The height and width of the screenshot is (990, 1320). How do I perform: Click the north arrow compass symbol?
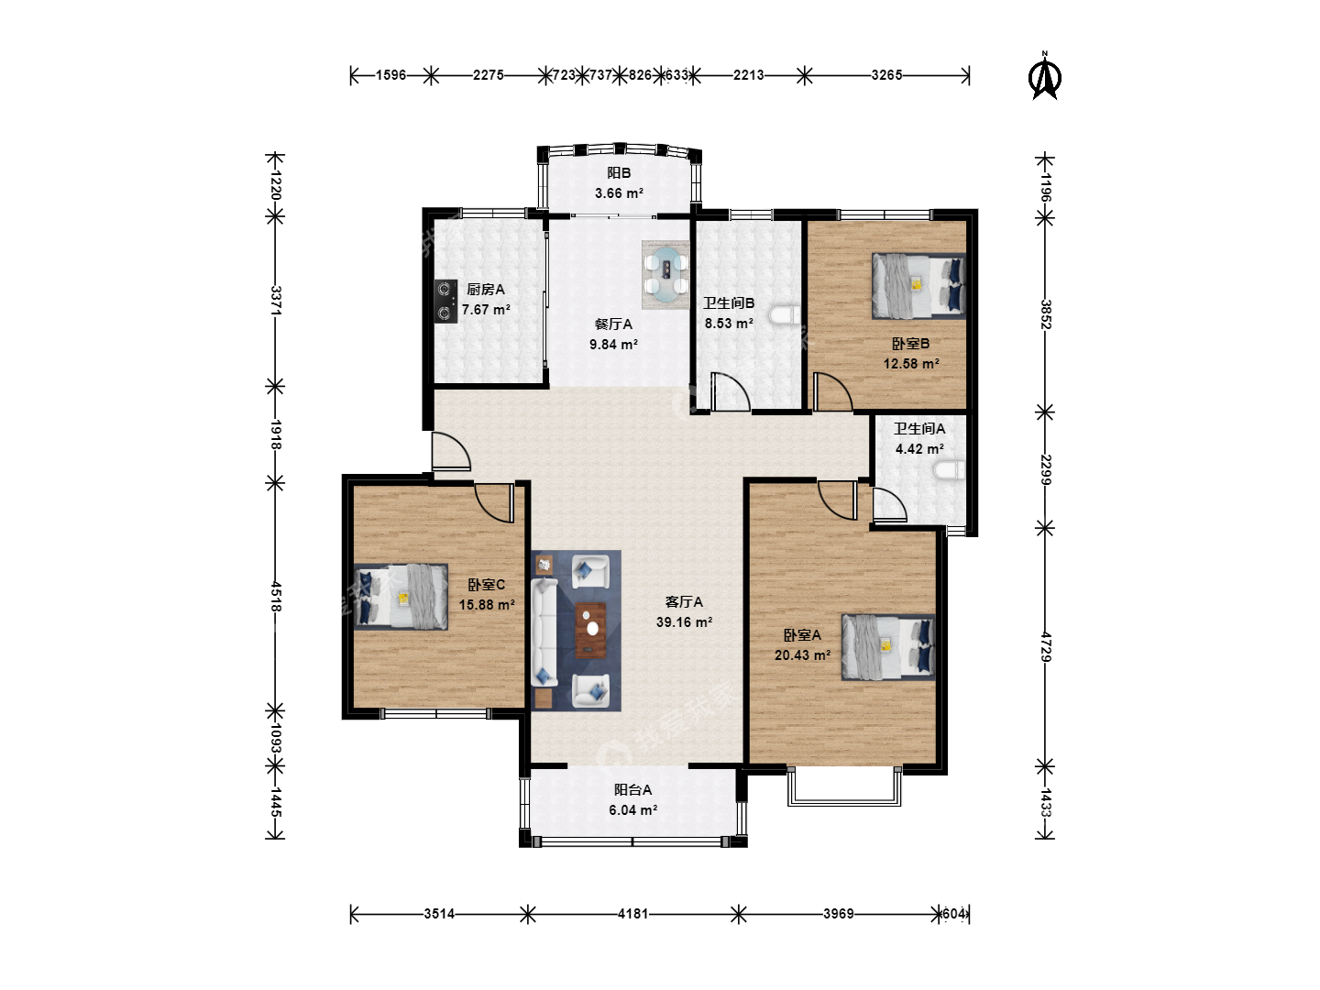pyautogui.click(x=1045, y=77)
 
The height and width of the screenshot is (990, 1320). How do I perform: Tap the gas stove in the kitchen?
pyautogui.click(x=445, y=302)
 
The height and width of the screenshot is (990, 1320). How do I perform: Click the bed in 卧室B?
pyautogui.click(x=918, y=285)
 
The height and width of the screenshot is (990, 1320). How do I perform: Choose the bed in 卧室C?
pyautogui.click(x=401, y=596)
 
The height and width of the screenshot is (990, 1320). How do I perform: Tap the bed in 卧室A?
pyautogui.click(x=887, y=647)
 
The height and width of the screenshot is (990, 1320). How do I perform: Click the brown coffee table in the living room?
pyautogui.click(x=591, y=630)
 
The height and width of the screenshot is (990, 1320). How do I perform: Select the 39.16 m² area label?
pyautogui.click(x=684, y=622)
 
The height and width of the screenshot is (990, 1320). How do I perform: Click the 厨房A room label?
pyautogui.click(x=486, y=289)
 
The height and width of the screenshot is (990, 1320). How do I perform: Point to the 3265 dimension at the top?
pyautogui.click(x=887, y=75)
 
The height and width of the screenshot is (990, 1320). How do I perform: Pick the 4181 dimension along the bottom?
pyautogui.click(x=633, y=914)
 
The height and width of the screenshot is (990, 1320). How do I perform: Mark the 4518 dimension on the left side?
pyautogui.click(x=275, y=596)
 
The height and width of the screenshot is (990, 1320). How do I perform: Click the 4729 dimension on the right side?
pyautogui.click(x=1045, y=647)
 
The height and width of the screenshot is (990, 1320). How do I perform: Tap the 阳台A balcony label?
pyautogui.click(x=632, y=790)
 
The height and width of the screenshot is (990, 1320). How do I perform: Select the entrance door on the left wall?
pyautogui.click(x=451, y=451)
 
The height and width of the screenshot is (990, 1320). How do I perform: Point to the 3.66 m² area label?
pyautogui.click(x=619, y=193)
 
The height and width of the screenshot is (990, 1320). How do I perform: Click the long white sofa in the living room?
pyautogui.click(x=544, y=632)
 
